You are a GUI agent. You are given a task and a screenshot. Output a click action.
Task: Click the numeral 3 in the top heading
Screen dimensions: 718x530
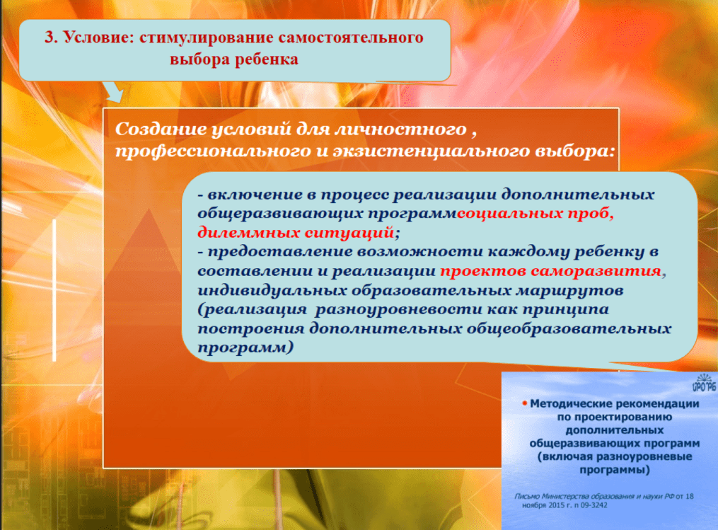49,37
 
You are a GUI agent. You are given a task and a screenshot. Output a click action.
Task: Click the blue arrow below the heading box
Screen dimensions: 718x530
113,91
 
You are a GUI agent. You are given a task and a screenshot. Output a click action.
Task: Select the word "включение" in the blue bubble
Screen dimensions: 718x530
255,195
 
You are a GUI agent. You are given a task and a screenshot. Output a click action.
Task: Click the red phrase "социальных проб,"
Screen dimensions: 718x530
535,214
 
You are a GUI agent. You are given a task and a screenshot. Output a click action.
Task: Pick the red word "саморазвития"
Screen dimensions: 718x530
596,271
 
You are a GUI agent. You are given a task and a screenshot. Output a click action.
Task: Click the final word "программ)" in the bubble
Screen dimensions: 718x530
245,347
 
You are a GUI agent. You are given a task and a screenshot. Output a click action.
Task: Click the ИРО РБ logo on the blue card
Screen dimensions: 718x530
704,383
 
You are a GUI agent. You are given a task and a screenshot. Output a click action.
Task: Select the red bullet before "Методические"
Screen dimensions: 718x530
525,403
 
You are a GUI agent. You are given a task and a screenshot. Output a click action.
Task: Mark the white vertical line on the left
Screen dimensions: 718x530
54,290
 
